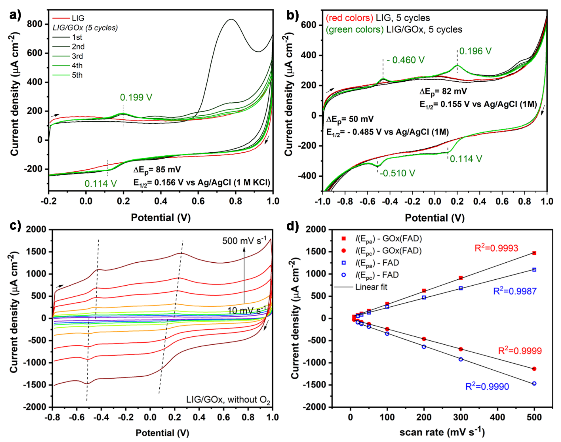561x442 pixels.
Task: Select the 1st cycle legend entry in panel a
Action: pos(77,37)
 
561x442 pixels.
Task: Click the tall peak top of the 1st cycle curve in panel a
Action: pos(231,19)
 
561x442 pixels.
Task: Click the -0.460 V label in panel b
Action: pos(405,60)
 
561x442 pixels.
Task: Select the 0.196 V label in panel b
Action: pos(475,51)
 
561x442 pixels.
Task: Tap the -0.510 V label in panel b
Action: pos(397,173)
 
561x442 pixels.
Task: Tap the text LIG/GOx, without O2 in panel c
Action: pos(228,400)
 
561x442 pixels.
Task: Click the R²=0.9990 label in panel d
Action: pos(487,387)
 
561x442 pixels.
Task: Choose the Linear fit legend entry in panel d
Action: pos(371,287)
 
